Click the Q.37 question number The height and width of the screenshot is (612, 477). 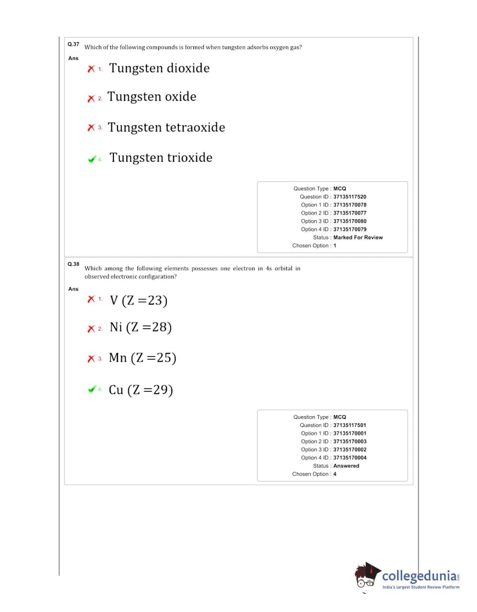pyautogui.click(x=73, y=44)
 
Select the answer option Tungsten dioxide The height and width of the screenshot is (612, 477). pyautogui.click(x=159, y=68)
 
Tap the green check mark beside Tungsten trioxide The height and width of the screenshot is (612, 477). pyautogui.click(x=92, y=159)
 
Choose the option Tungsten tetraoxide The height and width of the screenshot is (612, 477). pyautogui.click(x=166, y=127)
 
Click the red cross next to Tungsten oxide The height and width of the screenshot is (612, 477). pyautogui.click(x=91, y=99)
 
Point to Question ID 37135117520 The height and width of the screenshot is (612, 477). pyautogui.click(x=349, y=197)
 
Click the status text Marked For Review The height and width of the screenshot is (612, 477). pyautogui.click(x=358, y=237)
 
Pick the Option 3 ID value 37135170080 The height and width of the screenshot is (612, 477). pyautogui.click(x=349, y=221)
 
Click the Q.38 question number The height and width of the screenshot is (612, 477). pyautogui.click(x=73, y=264)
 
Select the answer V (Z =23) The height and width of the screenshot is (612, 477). pyautogui.click(x=139, y=300)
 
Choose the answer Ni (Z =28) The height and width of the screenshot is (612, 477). pyautogui.click(x=141, y=327)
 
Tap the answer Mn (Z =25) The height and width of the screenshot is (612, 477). pyautogui.click(x=142, y=357)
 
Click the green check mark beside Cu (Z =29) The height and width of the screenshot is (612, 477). pyautogui.click(x=92, y=389)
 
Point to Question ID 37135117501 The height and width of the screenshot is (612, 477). pyautogui.click(x=349, y=425)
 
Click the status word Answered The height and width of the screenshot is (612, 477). pyautogui.click(x=346, y=466)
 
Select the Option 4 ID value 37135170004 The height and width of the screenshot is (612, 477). pyautogui.click(x=349, y=458)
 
